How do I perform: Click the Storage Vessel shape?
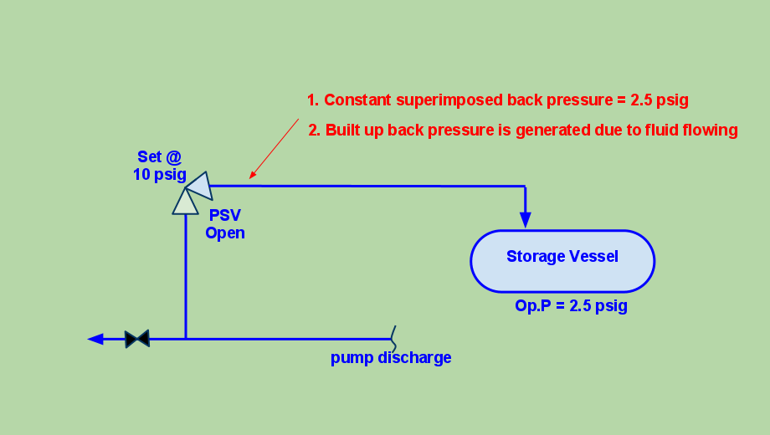[x=562, y=261]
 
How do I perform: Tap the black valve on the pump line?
[x=137, y=339]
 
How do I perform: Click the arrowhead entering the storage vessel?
[x=526, y=220]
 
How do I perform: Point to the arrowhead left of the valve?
[x=95, y=339]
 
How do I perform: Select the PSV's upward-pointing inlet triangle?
[x=185, y=202]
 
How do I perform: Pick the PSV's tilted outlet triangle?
[x=201, y=186]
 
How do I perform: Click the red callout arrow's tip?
[x=251, y=177]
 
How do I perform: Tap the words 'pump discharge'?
[x=391, y=358]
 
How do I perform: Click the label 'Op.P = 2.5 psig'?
[x=571, y=306]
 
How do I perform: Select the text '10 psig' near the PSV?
[x=160, y=174]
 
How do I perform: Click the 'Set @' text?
[x=160, y=156]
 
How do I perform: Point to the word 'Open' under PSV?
[x=225, y=233]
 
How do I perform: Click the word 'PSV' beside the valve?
[x=225, y=215]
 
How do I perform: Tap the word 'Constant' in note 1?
[x=357, y=100]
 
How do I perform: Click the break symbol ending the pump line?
[x=393, y=339]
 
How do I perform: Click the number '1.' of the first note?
[x=313, y=100]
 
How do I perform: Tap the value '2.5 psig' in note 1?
[x=660, y=100]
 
